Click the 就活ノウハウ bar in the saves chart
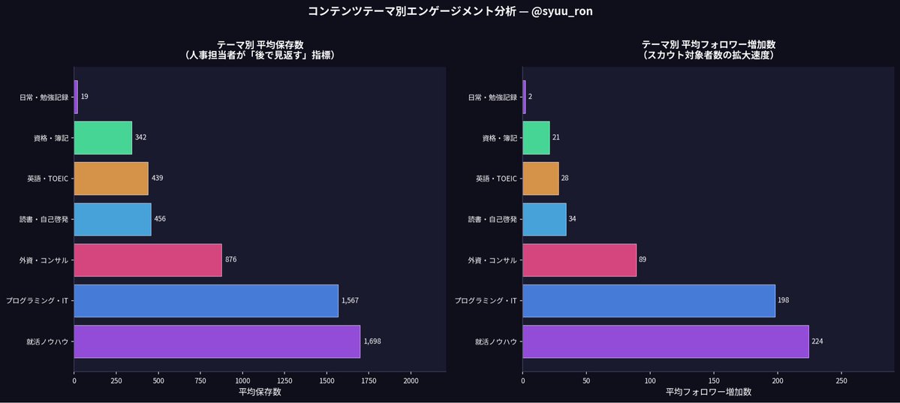coord(217,341)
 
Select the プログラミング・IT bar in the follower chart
coord(649,300)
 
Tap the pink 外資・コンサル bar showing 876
coord(148,260)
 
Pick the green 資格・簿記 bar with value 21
coord(536,137)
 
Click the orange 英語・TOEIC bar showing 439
coord(111,178)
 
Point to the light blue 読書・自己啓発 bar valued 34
coord(544,219)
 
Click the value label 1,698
coord(372,341)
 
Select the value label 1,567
coord(351,300)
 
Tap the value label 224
coord(817,341)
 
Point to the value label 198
coord(784,300)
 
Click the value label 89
coord(643,260)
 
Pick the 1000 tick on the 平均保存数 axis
coord(242,381)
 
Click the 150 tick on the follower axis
coord(714,381)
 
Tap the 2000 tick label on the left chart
coord(411,381)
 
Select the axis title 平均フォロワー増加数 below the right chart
coord(708,392)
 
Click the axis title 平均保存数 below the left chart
coord(260,392)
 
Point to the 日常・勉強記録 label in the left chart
coord(44,97)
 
